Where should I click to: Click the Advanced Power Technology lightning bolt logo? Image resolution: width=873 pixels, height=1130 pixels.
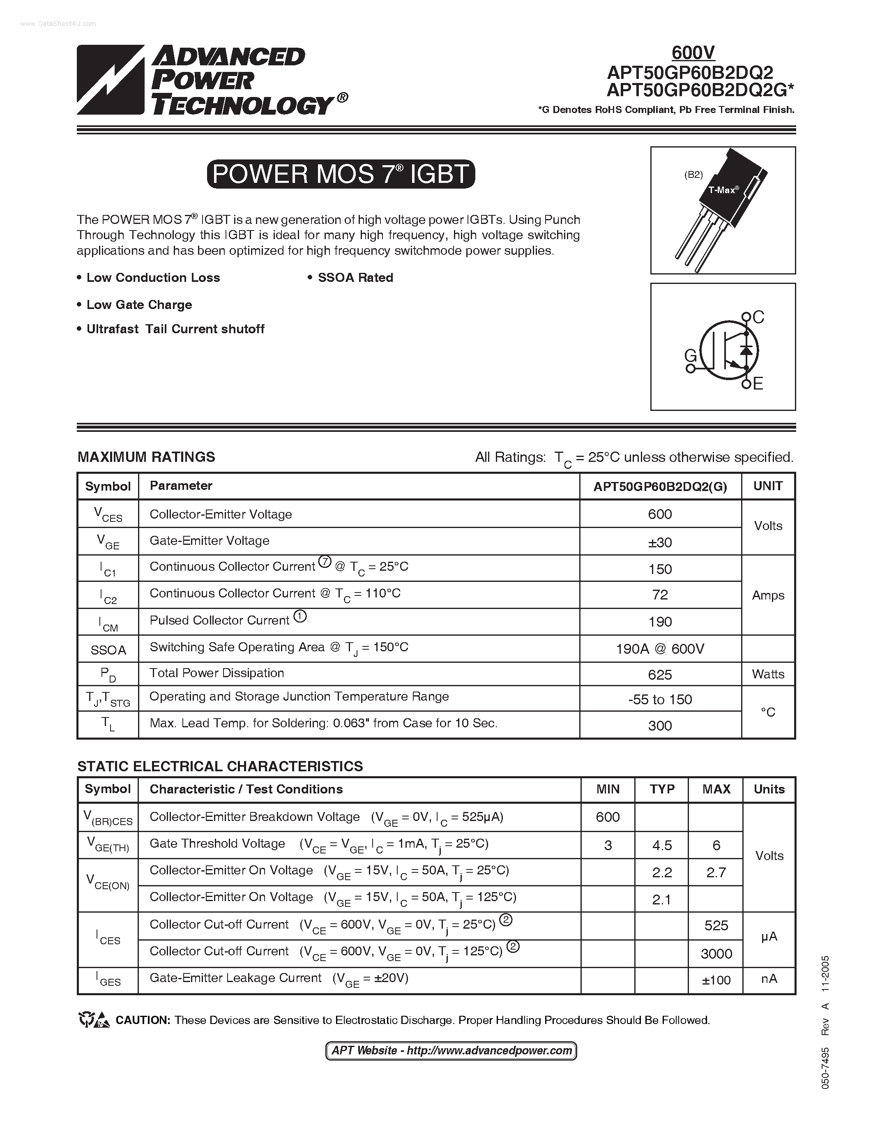[x=110, y=80]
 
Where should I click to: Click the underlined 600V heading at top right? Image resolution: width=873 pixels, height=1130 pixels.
[x=693, y=52]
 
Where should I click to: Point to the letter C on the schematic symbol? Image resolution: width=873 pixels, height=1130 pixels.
[x=758, y=317]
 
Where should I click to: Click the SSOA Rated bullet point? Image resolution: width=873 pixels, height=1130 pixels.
[x=355, y=278]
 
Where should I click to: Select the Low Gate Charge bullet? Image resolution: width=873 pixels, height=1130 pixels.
[x=138, y=305]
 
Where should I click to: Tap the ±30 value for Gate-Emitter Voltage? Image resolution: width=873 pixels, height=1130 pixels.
[x=660, y=542]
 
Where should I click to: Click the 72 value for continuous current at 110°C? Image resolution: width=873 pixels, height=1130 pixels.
[x=660, y=595]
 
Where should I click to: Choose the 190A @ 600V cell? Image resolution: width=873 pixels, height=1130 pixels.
[x=660, y=649]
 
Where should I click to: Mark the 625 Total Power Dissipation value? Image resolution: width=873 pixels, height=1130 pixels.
[x=660, y=675]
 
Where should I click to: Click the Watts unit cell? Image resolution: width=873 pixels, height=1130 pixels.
[x=768, y=674]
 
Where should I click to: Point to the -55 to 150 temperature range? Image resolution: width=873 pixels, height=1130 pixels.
[x=660, y=699]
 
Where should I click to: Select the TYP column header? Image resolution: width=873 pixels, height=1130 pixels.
[x=662, y=789]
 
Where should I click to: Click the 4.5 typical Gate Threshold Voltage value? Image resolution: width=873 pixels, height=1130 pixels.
[x=662, y=845]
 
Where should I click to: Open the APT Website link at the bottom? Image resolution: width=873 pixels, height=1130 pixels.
[x=451, y=1051]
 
